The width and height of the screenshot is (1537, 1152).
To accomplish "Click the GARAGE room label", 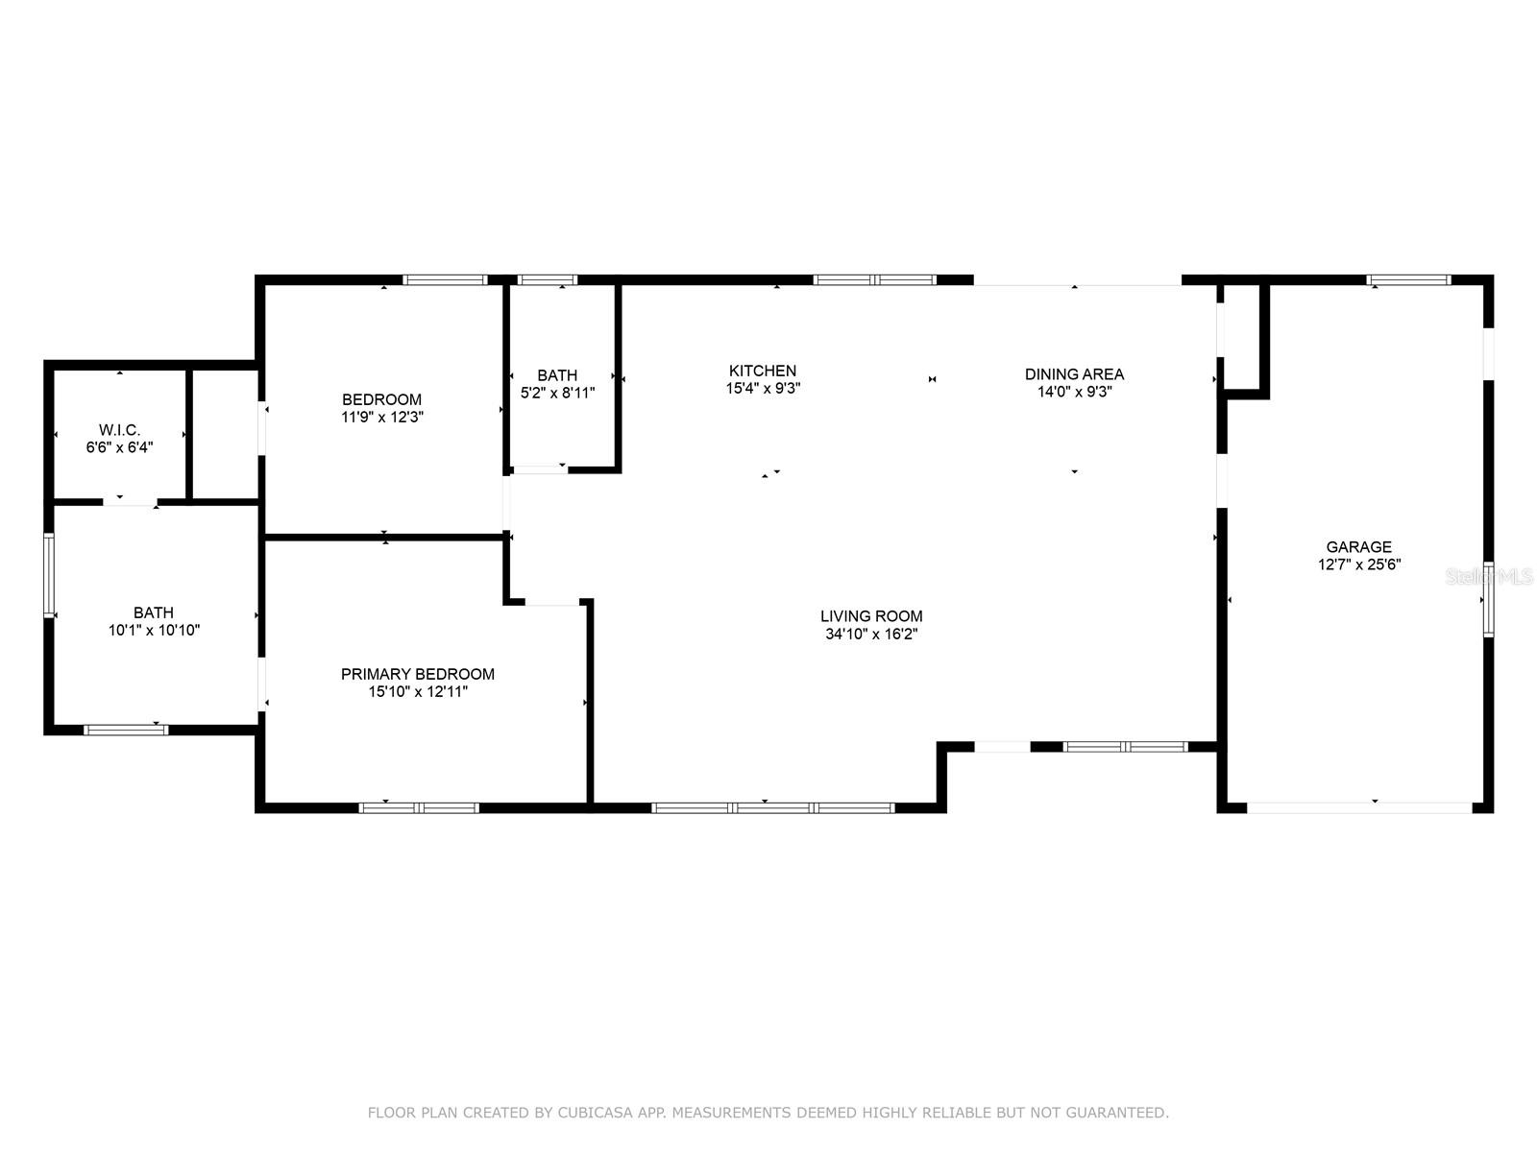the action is pos(1358,547).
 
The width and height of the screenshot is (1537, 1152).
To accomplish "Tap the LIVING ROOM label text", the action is pos(871,616).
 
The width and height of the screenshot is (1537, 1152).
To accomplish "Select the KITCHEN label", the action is pos(763,371).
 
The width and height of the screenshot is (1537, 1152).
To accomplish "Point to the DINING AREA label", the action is pos(1074,374).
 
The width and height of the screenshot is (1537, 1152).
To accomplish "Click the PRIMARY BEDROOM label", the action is pos(417,674).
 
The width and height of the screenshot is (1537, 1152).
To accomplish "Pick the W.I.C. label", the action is pos(120,430).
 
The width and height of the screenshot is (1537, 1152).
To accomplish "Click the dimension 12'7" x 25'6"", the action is pos(1358,564).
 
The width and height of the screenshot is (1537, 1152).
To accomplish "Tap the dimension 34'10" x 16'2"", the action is pos(871,634).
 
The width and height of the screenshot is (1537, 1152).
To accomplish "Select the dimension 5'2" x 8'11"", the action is pos(557,393).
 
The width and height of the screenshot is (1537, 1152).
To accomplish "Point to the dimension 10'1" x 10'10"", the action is pos(154,630).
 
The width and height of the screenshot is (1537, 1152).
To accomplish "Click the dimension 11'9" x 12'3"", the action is pos(382,417).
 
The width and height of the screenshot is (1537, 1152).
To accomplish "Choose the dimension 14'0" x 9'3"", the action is pos(1074,392).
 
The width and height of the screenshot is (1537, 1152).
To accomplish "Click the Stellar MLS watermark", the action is pos(1489,577).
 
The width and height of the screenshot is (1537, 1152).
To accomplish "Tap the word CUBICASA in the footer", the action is pos(596,1112).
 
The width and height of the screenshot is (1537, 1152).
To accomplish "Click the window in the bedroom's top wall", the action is pos(445,279).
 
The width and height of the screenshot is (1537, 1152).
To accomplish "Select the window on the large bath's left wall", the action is pos(49,576).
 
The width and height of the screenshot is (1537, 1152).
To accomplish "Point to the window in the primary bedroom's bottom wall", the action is pos(419,808).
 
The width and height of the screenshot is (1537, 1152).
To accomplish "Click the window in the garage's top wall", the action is pos(1409,279).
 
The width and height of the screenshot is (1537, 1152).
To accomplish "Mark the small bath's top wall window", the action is pos(548,279).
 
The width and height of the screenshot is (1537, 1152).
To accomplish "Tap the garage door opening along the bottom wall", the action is pos(1359,808).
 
